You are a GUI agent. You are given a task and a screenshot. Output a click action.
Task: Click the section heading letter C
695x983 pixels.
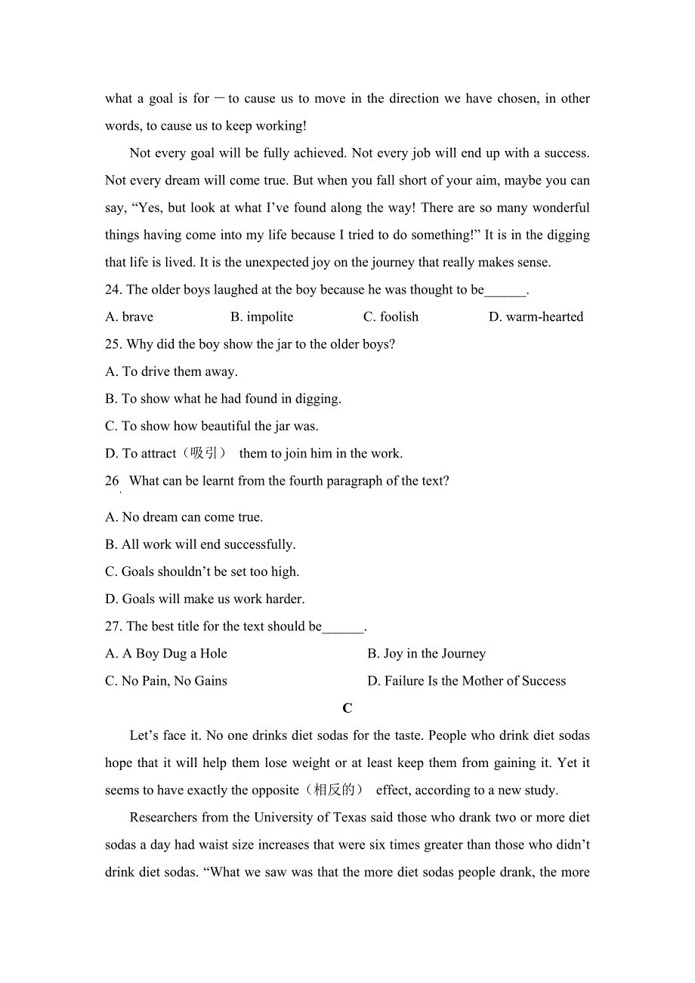(347, 708)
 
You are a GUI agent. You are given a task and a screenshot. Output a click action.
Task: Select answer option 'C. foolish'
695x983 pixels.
(391, 317)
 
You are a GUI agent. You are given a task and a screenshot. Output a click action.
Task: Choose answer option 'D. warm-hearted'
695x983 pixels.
(536, 317)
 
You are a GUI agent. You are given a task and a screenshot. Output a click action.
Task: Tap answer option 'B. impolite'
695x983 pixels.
(261, 317)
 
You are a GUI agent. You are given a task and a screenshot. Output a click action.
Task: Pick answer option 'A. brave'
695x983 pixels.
(129, 317)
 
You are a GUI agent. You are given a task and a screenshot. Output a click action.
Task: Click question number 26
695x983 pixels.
(113, 481)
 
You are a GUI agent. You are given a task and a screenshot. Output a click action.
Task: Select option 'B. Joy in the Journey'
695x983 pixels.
(426, 654)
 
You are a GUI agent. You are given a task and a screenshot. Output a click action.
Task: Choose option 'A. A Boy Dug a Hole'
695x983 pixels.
(166, 654)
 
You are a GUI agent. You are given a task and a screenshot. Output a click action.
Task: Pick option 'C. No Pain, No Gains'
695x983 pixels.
(166, 681)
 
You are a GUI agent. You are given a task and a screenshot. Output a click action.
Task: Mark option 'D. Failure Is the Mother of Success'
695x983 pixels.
(466, 681)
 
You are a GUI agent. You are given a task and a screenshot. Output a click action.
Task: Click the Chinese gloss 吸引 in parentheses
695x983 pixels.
(204, 454)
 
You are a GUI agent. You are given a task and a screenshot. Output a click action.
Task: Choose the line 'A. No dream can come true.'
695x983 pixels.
(184, 517)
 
